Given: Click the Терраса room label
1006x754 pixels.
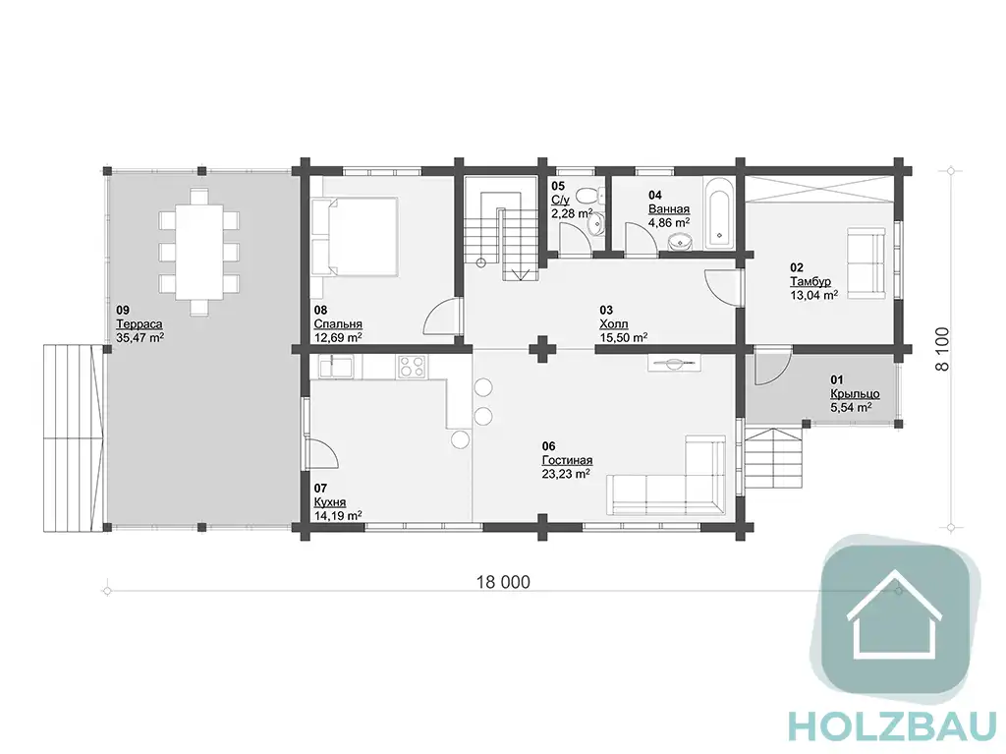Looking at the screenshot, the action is coord(139,324).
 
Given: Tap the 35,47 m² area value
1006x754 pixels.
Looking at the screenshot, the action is coord(140,337).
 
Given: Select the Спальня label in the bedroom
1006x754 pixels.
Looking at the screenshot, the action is coord(338,324).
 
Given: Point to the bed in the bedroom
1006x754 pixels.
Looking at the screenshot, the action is coord(355,236).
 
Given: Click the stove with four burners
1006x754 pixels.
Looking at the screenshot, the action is coord(412,367).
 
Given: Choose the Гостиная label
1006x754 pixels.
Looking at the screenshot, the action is coord(567,460).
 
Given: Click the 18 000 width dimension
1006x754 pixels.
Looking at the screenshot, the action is coord(503,582).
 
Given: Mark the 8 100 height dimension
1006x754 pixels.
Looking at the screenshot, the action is coord(942,349).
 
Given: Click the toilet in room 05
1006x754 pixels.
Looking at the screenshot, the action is coord(588,194).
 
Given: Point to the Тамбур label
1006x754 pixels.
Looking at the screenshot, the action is coord(810,281).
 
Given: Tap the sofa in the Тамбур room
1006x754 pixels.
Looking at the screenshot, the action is coord(866,261).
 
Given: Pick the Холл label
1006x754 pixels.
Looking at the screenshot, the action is coord(613,323).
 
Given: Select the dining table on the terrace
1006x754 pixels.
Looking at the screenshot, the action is coord(199,251).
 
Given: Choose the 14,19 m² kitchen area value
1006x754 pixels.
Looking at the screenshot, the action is coord(338,515).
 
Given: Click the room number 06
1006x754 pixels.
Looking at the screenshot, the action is coord(548,446).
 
